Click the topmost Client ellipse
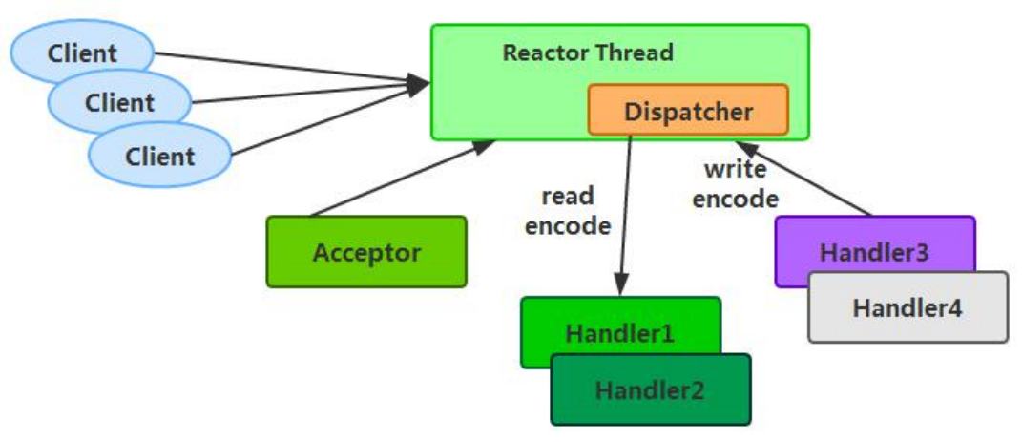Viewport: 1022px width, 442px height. (82, 52)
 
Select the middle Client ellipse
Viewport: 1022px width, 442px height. (119, 102)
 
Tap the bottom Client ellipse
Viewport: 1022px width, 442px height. (159, 155)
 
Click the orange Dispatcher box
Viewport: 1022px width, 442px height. (687, 111)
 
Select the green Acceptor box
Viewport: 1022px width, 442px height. (366, 253)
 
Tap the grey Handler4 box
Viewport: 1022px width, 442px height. (907, 307)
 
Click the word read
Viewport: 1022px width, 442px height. (568, 197)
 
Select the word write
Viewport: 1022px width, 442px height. (735, 171)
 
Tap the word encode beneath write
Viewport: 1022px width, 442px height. (735, 200)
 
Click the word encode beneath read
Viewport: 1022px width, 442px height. (568, 225)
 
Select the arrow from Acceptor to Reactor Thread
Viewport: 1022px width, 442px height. (401, 179)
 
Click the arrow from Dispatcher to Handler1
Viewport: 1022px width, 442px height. (626, 210)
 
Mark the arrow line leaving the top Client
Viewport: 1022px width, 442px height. (286, 68)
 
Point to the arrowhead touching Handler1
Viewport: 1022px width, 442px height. (621, 285)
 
